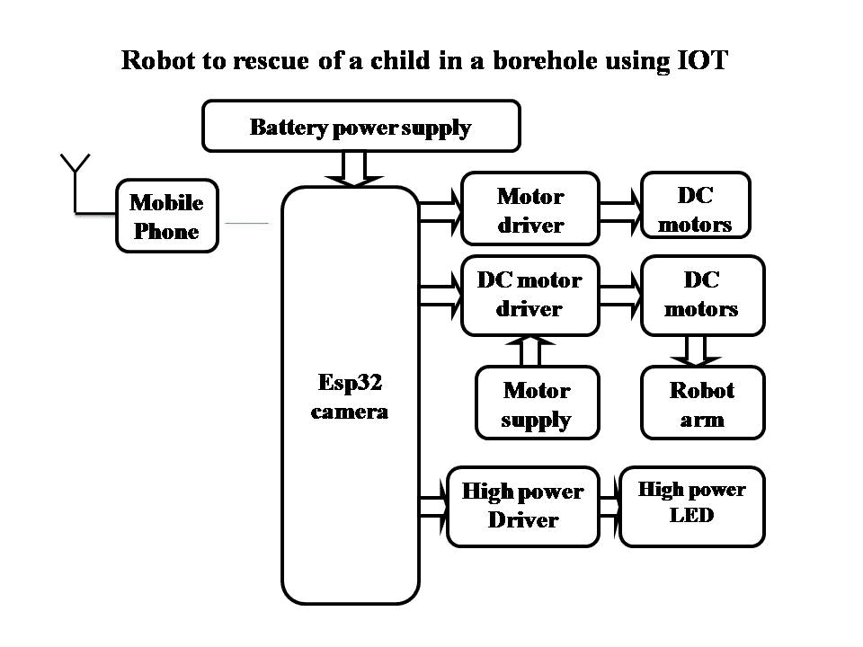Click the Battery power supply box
coord(360,126)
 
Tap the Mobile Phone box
coord(166,216)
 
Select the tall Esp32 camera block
coord(351,395)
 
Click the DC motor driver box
coord(529,295)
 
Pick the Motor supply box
coord(537,403)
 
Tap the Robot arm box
coord(702,403)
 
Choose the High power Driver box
coord(522,506)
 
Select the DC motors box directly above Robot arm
coord(701,295)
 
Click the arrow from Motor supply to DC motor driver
coord(531,350)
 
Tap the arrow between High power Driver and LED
coord(609,505)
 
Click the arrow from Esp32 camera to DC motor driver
coord(440,296)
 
